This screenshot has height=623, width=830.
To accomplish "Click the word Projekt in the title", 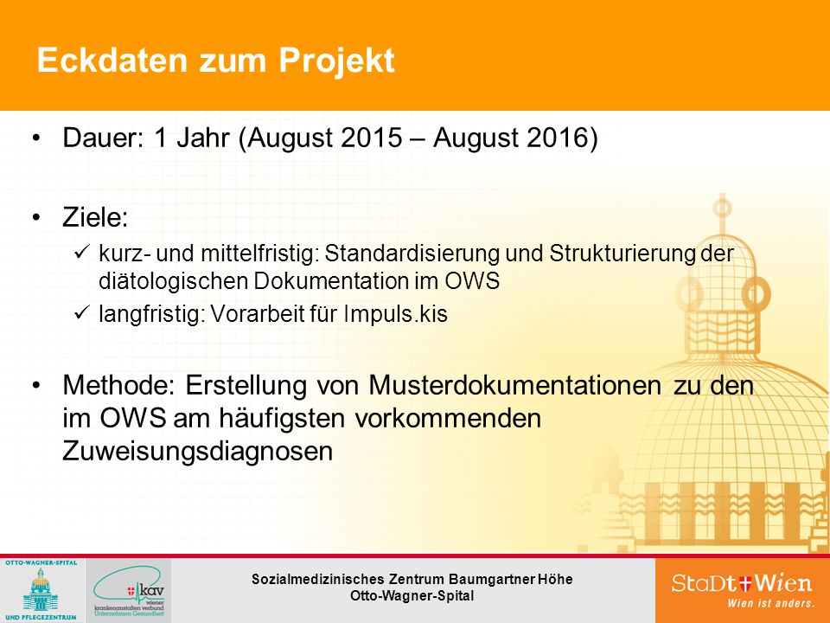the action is pyautogui.click(x=336, y=61).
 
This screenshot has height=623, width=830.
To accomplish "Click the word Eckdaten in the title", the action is pyautogui.click(x=112, y=60).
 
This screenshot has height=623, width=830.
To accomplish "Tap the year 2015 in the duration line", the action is pyautogui.click(x=372, y=138).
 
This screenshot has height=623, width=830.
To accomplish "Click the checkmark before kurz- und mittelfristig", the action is pyautogui.click(x=82, y=252).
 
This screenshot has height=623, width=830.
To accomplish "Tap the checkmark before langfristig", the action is pyautogui.click(x=82, y=312).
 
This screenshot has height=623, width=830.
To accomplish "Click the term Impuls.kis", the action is pyautogui.click(x=396, y=313).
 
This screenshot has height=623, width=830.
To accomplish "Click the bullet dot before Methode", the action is pyautogui.click(x=36, y=385).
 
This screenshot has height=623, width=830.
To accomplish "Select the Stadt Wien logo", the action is pyautogui.click(x=742, y=589).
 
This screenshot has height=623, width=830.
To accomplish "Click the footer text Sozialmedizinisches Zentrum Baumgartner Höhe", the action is pyautogui.click(x=412, y=579).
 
